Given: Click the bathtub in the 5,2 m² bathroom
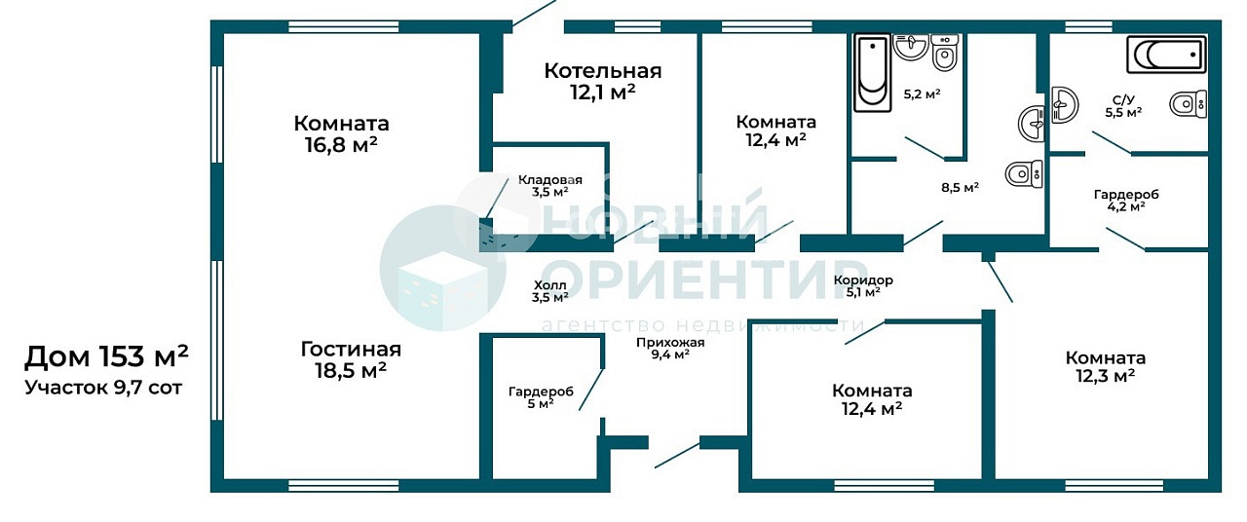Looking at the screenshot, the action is (872, 73).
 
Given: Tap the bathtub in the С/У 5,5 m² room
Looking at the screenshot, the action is (1166, 55).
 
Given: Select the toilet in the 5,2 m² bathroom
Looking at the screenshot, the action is (945, 53).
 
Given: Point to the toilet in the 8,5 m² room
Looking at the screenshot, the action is (1024, 173).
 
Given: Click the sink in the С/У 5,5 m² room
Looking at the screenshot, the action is (1065, 104).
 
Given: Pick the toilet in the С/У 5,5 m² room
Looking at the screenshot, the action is (1188, 104).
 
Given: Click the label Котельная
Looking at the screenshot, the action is (603, 71).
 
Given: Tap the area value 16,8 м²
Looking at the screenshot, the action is (341, 145).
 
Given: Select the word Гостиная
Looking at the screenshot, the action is (351, 350).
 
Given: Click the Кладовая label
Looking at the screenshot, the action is (550, 180).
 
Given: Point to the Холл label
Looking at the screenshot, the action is (549, 285).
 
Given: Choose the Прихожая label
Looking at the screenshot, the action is (670, 342).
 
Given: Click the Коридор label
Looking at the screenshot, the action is (863, 280).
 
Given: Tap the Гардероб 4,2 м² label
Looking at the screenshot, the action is (1126, 201).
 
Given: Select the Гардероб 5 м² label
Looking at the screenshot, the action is (541, 397).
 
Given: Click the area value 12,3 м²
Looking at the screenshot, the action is (1105, 376).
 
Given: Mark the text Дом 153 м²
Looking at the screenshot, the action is (106, 356).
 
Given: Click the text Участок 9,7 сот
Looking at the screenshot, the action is (103, 388).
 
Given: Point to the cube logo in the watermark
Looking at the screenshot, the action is (442, 268).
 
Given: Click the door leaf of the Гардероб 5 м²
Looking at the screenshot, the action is (591, 390).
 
